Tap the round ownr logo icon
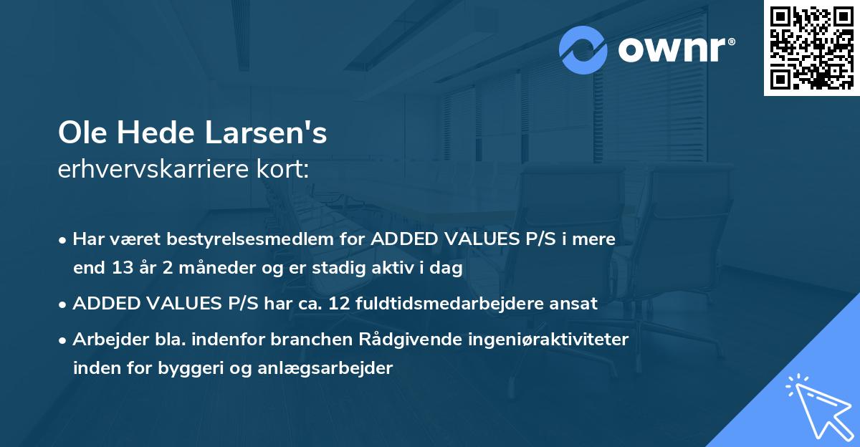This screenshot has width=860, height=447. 583,49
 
